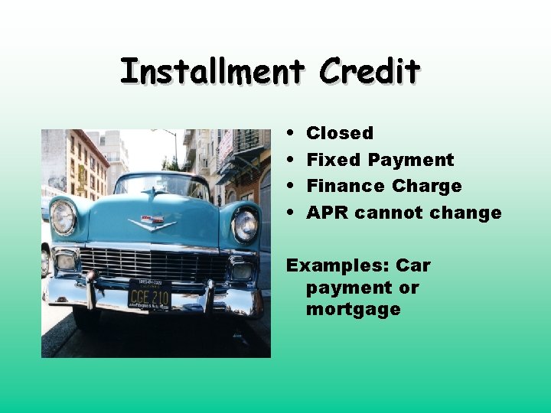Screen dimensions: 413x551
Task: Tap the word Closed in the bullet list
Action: point(339,133)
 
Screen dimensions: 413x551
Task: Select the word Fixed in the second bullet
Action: point(334,160)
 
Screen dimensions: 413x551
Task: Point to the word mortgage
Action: point(353,309)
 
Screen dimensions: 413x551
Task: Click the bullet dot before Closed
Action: point(294,134)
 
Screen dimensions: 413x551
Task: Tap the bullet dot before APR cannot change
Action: point(294,213)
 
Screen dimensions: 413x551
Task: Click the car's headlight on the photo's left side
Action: point(63,216)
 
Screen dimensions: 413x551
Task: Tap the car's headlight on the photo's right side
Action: point(244,225)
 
